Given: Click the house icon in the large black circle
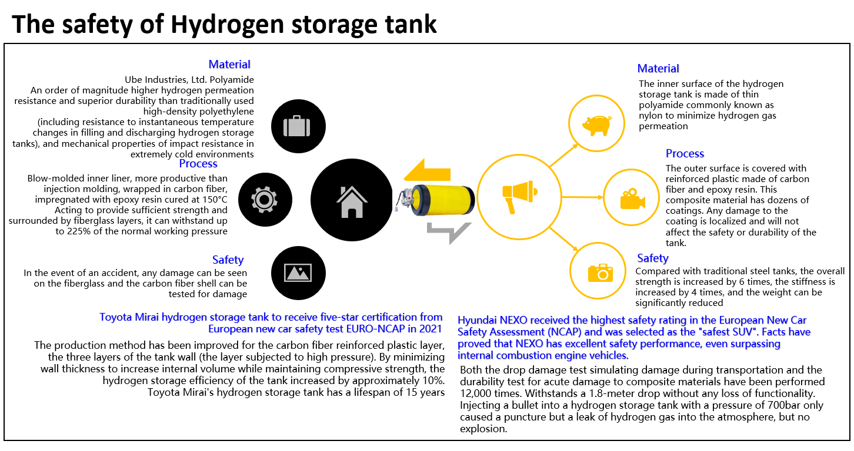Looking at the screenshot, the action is tap(352, 201).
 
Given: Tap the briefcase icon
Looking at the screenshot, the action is tap(296, 126).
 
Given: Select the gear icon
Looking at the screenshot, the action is tap(264, 200).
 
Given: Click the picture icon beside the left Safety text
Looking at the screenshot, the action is tap(298, 272).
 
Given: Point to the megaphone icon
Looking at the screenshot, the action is tap(519, 197).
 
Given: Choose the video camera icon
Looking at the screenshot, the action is tap(632, 198).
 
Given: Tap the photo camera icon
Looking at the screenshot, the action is tap(601, 272).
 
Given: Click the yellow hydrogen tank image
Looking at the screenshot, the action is tap(435, 200).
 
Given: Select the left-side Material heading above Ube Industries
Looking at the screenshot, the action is tap(229, 65).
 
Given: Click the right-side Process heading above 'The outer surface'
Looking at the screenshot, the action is tap(685, 153).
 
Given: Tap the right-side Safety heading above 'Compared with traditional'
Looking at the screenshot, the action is tap(653, 258).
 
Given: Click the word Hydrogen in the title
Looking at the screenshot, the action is tap(228, 25).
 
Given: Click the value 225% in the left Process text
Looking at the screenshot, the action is tap(79, 231).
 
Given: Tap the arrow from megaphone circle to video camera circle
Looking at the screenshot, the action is tap(582, 197).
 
